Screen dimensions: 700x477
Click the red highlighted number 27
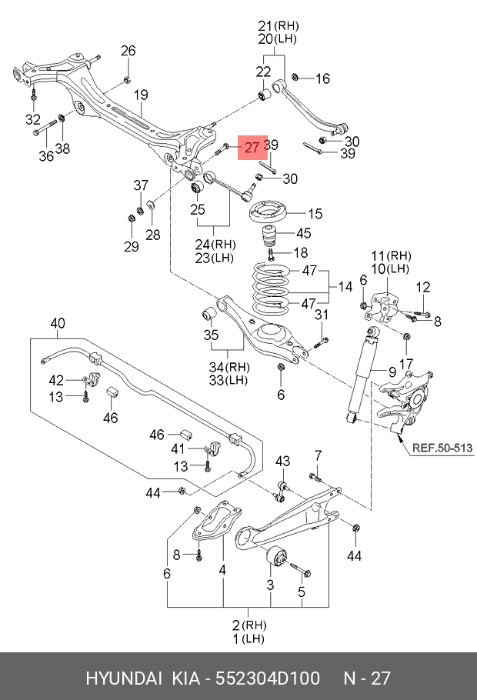click(x=252, y=147)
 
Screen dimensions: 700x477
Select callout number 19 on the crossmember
click(x=141, y=95)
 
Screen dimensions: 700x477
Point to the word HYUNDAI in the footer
click(x=123, y=678)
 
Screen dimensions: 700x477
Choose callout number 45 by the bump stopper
click(x=303, y=234)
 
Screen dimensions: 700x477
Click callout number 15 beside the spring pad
click(x=315, y=213)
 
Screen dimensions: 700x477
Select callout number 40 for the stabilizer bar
click(x=58, y=324)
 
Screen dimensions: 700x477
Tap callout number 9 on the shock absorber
click(x=392, y=372)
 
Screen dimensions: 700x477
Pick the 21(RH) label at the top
click(x=278, y=25)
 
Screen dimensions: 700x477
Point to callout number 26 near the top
click(x=128, y=52)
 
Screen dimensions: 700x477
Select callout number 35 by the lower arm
click(x=211, y=335)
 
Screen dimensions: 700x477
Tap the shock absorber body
click(x=361, y=377)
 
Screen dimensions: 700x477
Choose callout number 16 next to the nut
click(x=322, y=78)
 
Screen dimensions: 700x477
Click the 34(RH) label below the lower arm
click(x=228, y=366)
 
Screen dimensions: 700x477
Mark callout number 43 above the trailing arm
click(x=283, y=461)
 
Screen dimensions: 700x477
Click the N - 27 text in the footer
click(x=366, y=678)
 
